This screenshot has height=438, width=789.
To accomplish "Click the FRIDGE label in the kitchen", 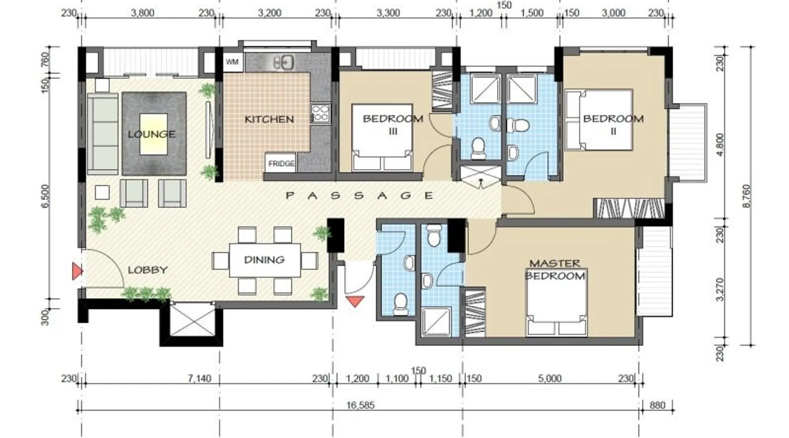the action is pos(281,163).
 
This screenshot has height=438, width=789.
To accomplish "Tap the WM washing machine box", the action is pos(232,62).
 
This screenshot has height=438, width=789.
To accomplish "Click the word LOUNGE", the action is pos(152,134).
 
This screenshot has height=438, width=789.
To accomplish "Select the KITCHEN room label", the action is pos(269,119).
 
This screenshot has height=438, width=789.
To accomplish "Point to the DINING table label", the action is pos(264,260).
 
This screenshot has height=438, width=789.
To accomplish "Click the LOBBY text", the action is pos(148,270).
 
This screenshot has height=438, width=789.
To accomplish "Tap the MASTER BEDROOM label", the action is pos(555,269).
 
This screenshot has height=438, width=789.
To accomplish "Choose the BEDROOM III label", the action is pos(393,124).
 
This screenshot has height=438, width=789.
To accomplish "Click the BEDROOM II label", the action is pos(613,124).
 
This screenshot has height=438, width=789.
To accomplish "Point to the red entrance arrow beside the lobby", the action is pos(77,272).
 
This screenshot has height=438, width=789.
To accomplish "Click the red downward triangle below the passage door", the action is pos(355,301).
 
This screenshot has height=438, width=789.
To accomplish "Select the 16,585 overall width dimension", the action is pos(360,405).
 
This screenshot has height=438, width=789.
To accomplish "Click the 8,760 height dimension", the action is pos(746,196).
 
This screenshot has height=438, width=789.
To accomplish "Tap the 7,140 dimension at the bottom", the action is pos(199,378).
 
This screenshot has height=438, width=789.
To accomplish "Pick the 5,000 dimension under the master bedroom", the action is pos(550,378).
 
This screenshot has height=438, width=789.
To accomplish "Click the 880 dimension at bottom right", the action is pos(657,405).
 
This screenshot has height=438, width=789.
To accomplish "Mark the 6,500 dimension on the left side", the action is pos(45,196).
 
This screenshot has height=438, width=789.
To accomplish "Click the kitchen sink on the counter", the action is pos(283,63).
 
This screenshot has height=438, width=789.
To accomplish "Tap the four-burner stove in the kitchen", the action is pos(320,113).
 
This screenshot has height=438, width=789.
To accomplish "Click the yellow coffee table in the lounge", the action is pos(153,134).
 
